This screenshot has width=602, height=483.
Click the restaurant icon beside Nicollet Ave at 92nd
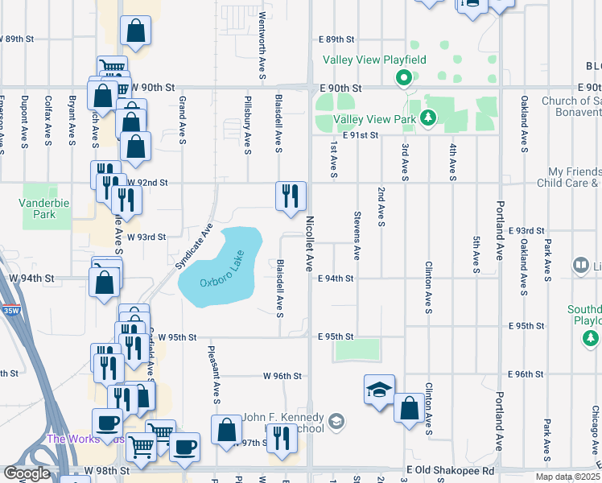[x=291, y=196]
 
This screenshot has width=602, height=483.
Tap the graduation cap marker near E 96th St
[x=379, y=390]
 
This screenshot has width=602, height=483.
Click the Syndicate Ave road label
[x=193, y=246]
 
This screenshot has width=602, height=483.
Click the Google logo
[x=27, y=473]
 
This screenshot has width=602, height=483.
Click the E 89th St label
[x=336, y=39]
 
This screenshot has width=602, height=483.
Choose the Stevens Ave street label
[x=357, y=235]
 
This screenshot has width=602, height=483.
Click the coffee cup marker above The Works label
[x=107, y=422]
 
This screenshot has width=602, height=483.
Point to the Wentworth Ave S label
[x=262, y=57]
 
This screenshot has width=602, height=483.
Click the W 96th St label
[x=282, y=376]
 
